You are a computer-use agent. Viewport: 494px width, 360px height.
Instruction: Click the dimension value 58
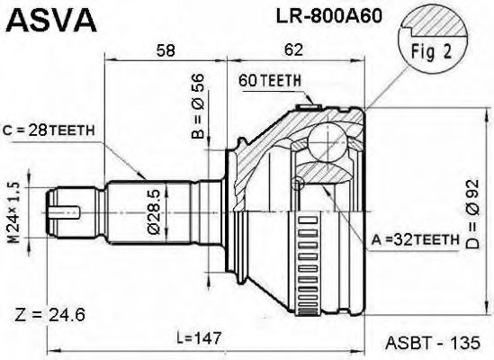click(165, 51)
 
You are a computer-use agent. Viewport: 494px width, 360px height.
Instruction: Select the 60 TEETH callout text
click(269, 81)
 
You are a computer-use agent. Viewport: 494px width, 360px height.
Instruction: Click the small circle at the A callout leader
click(299, 186)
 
